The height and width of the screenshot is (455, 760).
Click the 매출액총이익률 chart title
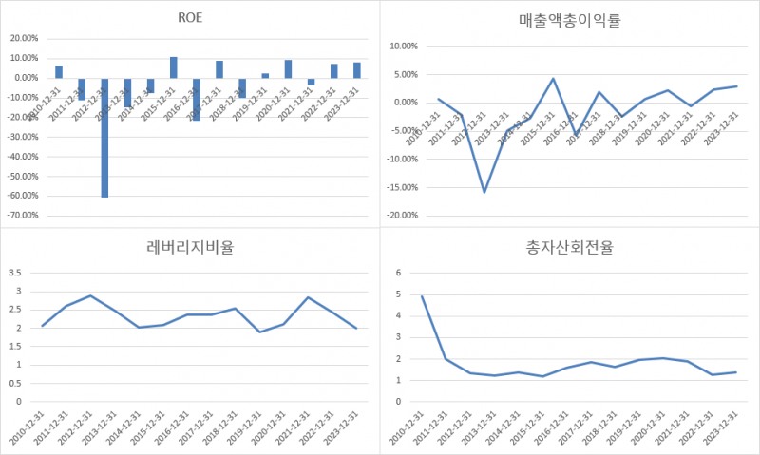(570, 19)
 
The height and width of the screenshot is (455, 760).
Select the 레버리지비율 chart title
(189, 248)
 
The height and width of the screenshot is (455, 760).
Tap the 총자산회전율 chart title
(570, 248)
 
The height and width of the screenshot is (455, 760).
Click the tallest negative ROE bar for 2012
(104, 138)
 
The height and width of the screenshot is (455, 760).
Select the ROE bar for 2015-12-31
(174, 67)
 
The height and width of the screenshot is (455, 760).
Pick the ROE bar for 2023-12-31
(357, 70)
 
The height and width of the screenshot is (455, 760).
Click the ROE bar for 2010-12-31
(59, 72)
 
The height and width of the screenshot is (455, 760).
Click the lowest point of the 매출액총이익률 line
(484, 192)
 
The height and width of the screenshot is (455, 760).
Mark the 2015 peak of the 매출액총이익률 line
(553, 79)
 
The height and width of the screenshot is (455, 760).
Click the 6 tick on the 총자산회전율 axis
(399, 273)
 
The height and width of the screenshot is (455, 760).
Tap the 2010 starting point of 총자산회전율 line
(422, 296)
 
